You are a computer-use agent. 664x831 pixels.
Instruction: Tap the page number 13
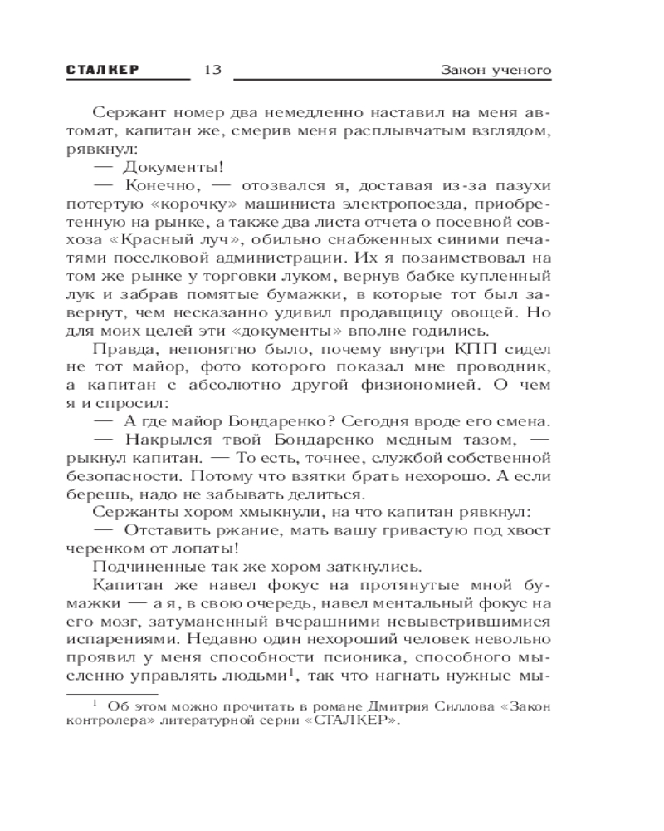[212, 70]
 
